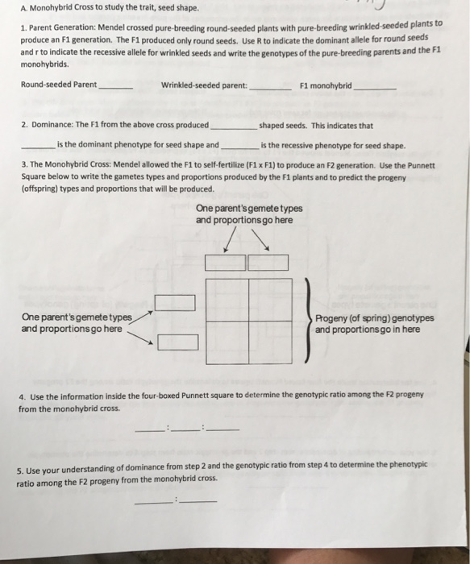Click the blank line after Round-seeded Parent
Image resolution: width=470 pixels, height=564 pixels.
point(115,89)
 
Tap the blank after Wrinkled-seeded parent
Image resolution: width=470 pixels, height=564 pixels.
point(271,89)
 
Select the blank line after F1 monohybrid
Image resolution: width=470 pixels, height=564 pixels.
point(375,89)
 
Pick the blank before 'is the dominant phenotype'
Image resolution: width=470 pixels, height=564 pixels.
point(39,148)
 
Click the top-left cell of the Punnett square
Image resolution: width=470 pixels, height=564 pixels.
point(227,300)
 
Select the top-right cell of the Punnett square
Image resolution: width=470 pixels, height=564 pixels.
point(270,300)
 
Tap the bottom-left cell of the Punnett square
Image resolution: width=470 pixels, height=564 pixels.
point(227,342)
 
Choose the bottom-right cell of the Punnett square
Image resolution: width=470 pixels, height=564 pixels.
point(270,342)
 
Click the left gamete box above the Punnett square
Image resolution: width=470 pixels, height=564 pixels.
point(225,263)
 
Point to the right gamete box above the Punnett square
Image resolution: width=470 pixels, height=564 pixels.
point(268,263)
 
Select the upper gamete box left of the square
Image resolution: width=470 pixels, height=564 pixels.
point(175,303)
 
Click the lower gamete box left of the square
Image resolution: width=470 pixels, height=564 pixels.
point(178,342)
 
